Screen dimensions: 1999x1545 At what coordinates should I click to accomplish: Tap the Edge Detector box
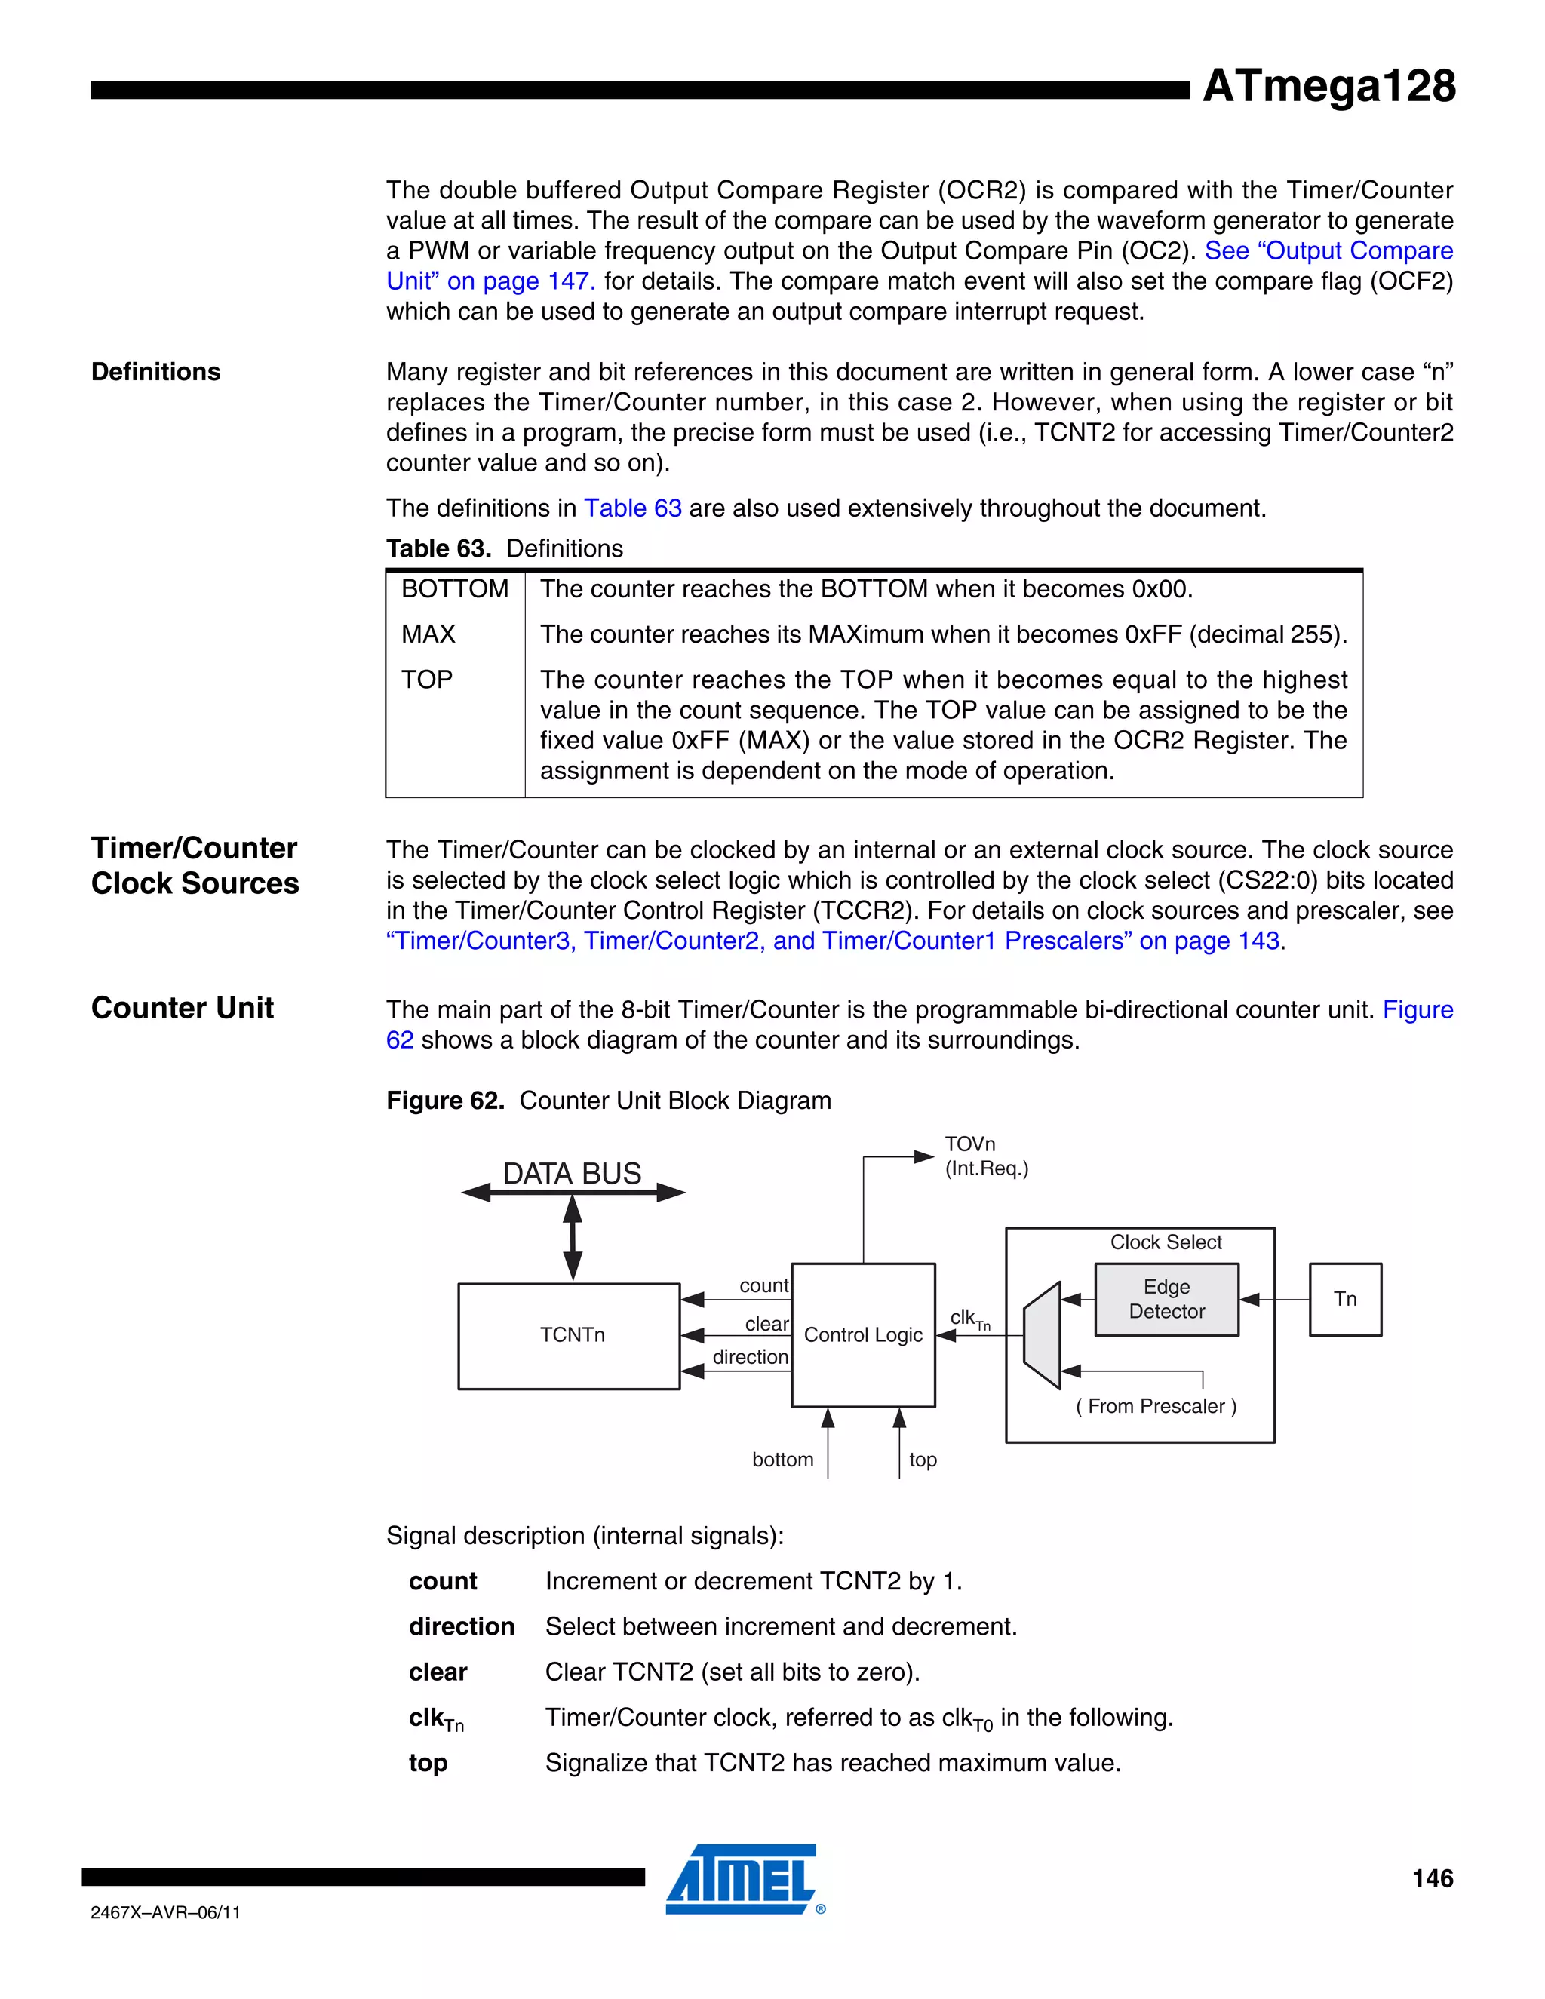click(x=1166, y=1299)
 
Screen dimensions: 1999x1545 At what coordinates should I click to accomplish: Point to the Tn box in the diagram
click(x=1344, y=1299)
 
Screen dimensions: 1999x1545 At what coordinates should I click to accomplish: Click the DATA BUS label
click(x=572, y=1174)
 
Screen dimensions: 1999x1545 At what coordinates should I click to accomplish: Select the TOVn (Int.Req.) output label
click(x=986, y=1156)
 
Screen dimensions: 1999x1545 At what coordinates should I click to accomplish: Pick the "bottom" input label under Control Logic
click(x=782, y=1459)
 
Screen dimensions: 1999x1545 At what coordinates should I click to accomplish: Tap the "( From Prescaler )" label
click(x=1156, y=1406)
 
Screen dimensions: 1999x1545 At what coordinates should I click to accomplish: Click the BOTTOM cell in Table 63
click(x=455, y=588)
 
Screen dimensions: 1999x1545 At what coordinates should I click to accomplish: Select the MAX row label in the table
click(x=428, y=634)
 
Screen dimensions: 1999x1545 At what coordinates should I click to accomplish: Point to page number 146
click(x=1433, y=1879)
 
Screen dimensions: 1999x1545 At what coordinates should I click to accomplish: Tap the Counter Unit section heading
click(x=182, y=1008)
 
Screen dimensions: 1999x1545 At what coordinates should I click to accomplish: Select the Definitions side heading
click(x=155, y=372)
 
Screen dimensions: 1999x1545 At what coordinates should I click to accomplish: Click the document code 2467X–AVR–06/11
click(x=166, y=1912)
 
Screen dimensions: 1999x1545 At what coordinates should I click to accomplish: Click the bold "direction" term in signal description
click(x=461, y=1626)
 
